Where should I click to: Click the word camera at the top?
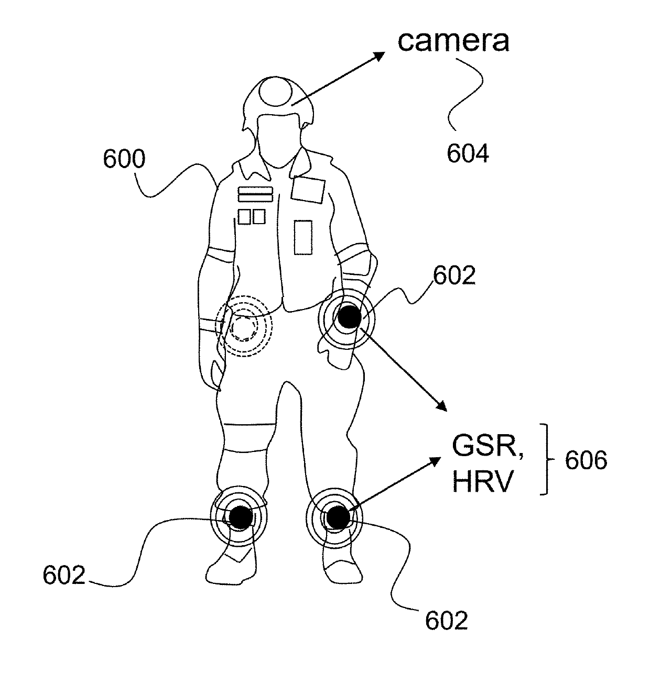tap(453, 41)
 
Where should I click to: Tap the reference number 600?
tap(124, 159)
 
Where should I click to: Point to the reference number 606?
tap(586, 460)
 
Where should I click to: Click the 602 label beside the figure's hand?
tap(454, 275)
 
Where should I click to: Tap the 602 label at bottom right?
tap(446, 621)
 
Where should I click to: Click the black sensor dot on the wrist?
tap(347, 317)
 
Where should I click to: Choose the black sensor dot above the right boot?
tap(337, 517)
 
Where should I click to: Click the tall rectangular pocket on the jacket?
tap(302, 237)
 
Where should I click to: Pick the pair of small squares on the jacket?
tap(252, 216)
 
